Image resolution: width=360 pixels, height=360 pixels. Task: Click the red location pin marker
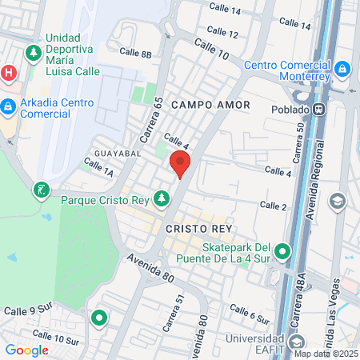point(180,164)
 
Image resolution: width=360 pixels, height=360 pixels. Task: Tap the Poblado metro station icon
point(320,109)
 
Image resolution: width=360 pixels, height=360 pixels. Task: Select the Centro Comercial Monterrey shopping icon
point(342,70)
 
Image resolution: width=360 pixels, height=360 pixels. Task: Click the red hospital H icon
point(9,73)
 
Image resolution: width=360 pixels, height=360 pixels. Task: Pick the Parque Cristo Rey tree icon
point(162,198)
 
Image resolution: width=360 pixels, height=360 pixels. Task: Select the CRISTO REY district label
point(198,228)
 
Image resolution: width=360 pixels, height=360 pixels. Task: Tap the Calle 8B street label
point(134,54)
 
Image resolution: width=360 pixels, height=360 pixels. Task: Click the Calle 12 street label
point(222,34)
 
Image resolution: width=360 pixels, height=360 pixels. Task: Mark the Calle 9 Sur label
point(26,310)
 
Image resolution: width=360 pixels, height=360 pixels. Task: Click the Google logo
point(26,350)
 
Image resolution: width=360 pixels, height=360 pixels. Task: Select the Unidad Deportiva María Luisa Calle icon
point(34,54)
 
